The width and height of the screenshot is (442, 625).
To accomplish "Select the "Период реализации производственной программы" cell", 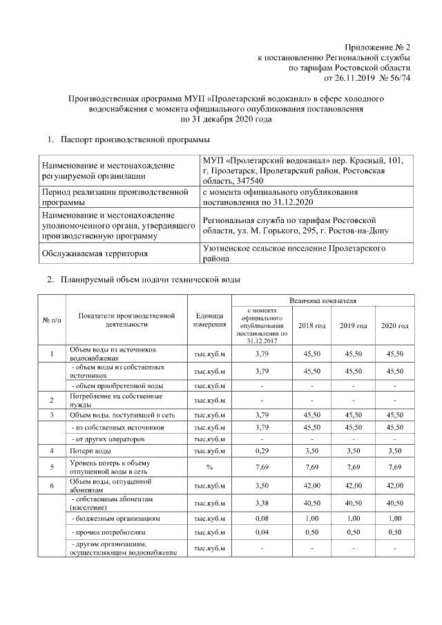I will pos(115,197).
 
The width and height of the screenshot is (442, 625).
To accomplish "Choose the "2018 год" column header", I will pos(311,325).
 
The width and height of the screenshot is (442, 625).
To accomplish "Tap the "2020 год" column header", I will pos(395,325).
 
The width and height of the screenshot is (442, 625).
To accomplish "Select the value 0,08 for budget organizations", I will pos(261,517).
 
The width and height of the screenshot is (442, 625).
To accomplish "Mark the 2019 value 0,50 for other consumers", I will pos(353,532).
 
